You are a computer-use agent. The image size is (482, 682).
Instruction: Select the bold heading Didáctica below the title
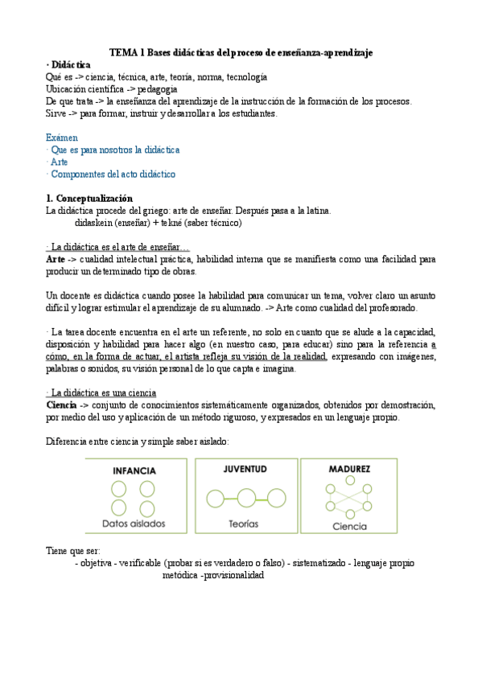[x=71, y=64]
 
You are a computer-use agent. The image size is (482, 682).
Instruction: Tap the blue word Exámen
[x=63, y=138]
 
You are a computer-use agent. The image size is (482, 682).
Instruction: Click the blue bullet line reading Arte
[x=59, y=162]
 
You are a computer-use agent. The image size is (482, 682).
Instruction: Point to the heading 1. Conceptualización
[x=89, y=199]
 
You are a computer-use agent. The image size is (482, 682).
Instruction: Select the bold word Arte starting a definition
[x=56, y=260]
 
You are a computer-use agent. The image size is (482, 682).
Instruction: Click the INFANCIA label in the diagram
[x=134, y=470]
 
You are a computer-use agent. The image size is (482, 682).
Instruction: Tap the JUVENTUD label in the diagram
[x=242, y=468]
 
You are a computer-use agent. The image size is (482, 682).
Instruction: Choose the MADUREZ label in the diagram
[x=348, y=468]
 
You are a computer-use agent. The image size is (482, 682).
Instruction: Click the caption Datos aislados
[x=134, y=524]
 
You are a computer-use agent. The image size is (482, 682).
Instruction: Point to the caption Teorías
[x=242, y=524]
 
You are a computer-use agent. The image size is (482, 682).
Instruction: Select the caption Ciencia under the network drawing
[x=348, y=527]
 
